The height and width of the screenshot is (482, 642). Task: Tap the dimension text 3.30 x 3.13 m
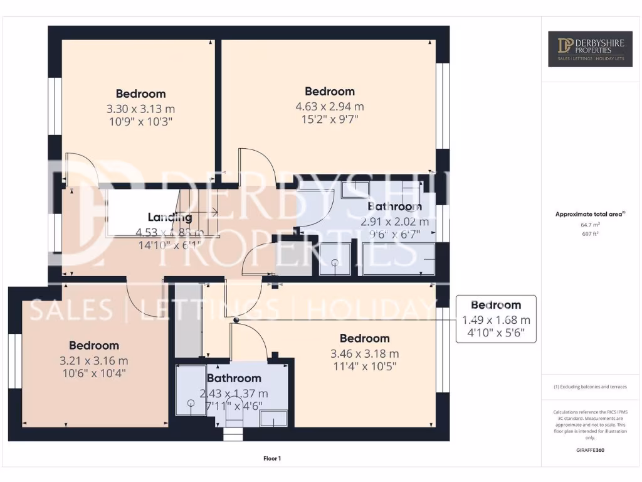point(140,109)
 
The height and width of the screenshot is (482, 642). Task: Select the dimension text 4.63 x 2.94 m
point(330,107)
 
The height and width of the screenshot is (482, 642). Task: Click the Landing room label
point(170,218)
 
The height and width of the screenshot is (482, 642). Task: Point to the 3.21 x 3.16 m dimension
point(94,361)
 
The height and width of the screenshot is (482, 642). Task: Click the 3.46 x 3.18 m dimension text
point(365,354)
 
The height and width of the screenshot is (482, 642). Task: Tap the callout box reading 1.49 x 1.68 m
point(496,319)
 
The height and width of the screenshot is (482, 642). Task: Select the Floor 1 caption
point(272,459)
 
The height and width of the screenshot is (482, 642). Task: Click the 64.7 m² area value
point(591,224)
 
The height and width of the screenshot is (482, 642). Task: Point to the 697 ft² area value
point(591,233)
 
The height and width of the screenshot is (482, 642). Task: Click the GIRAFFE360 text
point(590,450)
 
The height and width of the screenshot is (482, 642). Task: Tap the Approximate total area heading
point(589,214)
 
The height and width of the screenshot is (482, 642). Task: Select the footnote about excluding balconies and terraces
point(590,387)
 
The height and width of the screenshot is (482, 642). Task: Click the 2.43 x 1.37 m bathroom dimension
point(234,394)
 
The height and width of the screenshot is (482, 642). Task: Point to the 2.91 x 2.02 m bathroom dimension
point(394,222)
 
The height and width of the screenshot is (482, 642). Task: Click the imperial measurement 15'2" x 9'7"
point(330,119)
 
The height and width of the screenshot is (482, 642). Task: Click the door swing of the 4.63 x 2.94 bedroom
point(256,164)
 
